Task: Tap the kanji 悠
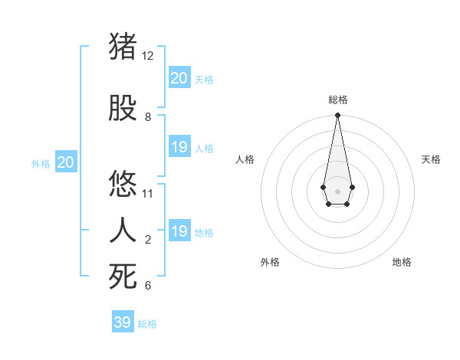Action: click(x=123, y=185)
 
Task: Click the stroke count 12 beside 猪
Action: click(x=148, y=56)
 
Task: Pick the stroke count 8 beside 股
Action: click(x=148, y=117)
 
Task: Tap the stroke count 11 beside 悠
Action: click(x=148, y=194)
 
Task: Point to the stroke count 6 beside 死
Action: click(x=148, y=286)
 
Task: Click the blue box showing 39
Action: click(x=123, y=322)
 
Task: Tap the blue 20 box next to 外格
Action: click(x=66, y=162)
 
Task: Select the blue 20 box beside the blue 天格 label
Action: click(x=179, y=77)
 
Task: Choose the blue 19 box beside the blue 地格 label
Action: click(x=179, y=231)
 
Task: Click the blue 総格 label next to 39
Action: click(x=147, y=324)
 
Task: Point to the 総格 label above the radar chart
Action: click(x=337, y=100)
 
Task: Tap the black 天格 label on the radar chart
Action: click(x=431, y=159)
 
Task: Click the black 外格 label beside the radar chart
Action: click(x=270, y=262)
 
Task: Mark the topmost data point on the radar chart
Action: click(x=337, y=116)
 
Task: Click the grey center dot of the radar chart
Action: click(x=337, y=190)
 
